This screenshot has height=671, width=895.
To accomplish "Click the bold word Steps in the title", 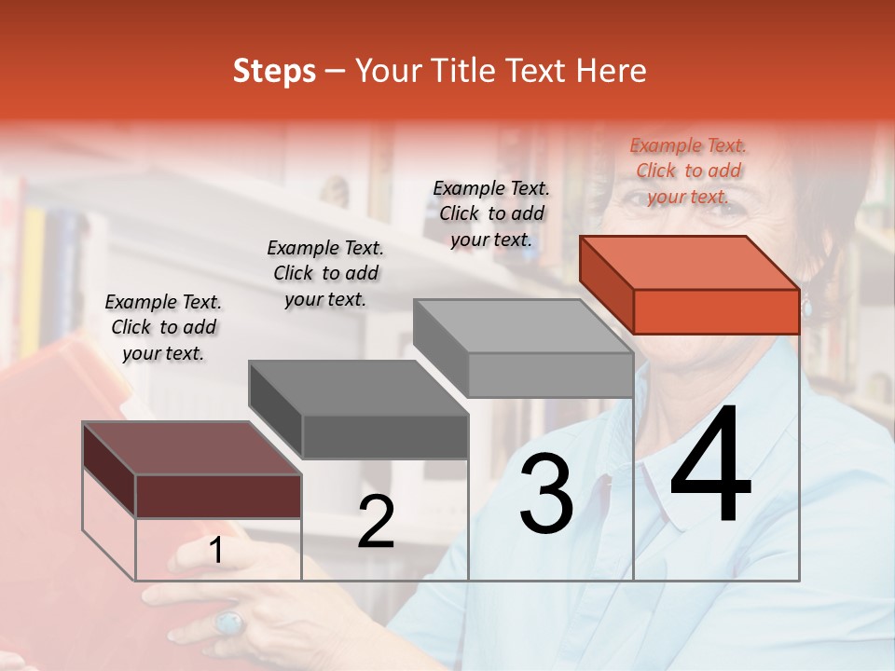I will coord(274,71).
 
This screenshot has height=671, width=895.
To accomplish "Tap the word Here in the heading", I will coord(610,71).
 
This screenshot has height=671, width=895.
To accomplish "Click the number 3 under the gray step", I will coord(546,495).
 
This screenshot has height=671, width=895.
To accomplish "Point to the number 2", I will coord(376,523).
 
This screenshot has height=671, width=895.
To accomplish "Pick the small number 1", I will coord(216,551).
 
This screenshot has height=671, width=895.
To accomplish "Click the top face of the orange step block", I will coord(689,262).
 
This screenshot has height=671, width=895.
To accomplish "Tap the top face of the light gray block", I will coord(523,325).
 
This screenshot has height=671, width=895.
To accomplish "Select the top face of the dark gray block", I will coord(358,387).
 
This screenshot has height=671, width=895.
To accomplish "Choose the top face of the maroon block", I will coord(192,448).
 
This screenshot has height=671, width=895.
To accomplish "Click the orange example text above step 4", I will coord(688,171).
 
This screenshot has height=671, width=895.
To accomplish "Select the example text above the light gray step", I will coord(491,213).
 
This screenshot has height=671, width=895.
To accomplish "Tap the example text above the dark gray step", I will coord(325,273).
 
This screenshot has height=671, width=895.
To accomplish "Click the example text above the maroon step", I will coord(163,327).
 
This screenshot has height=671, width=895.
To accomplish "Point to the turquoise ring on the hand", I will coord(228,622).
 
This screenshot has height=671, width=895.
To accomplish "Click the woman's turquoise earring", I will coord(807,304).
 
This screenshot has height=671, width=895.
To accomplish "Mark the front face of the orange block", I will coord(716,311).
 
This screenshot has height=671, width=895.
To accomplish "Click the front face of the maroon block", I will coord(218,496).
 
